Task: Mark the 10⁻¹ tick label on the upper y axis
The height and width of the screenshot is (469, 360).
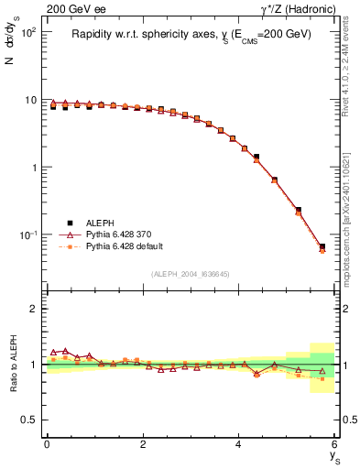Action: pos(27,235)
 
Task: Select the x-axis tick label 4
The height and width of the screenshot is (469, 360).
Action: pos(239,444)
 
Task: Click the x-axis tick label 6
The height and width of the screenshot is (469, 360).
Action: pos(335,444)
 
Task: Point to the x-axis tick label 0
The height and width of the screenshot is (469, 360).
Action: pos(47,444)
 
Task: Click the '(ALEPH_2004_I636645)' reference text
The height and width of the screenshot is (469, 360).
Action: pos(191,275)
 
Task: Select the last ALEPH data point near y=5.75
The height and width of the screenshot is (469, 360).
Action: pos(322,246)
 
